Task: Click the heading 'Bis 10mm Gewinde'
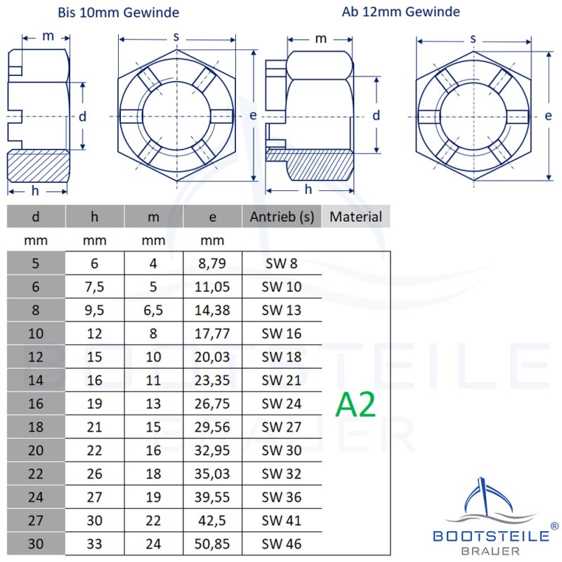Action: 118,13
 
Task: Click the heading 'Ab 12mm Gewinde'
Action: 401,12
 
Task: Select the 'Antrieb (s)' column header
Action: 282,217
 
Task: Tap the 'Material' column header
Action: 355,217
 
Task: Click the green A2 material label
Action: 355,405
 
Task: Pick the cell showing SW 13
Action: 282,310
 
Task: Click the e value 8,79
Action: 212,263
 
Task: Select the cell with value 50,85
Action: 212,544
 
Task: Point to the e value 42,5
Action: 212,521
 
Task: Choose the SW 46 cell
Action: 282,544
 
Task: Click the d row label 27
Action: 36,521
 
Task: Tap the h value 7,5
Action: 94,287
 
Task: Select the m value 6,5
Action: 153,310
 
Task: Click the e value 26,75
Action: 212,403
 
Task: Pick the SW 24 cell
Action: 282,403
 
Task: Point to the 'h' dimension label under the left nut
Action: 34,190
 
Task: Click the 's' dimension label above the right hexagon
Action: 473,39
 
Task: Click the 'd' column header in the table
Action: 36,217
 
